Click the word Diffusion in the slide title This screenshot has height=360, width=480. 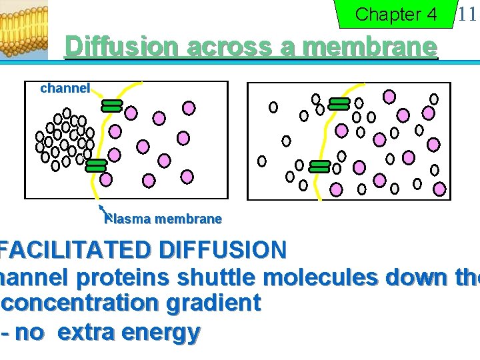(122, 47)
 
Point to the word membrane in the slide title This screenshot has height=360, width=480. (369, 47)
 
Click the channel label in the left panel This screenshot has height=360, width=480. (65, 88)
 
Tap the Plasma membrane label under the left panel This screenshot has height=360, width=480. (163, 219)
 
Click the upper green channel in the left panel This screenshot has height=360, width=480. (111, 105)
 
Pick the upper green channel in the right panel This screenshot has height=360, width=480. (339, 103)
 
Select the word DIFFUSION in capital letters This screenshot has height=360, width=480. (223, 250)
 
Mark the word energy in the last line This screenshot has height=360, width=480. (164, 331)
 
